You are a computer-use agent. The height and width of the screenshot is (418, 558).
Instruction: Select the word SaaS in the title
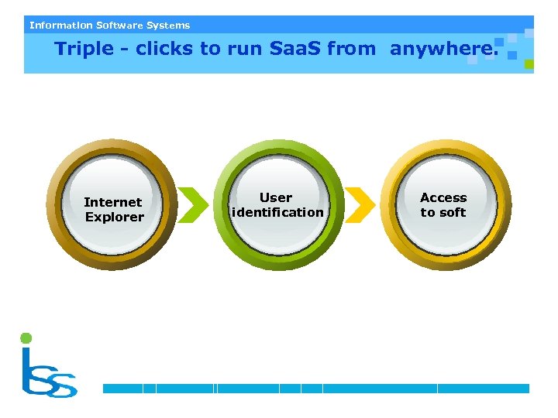click(x=295, y=49)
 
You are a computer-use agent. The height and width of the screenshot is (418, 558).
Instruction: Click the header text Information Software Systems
click(x=109, y=25)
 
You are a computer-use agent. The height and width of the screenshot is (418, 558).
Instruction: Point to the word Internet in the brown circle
click(x=113, y=202)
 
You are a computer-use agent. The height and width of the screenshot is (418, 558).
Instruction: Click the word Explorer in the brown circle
click(x=115, y=217)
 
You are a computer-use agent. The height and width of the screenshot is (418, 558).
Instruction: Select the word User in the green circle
click(x=276, y=197)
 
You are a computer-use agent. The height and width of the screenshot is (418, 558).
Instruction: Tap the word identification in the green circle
click(x=278, y=212)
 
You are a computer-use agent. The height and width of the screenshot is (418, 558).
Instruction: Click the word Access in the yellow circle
click(x=443, y=197)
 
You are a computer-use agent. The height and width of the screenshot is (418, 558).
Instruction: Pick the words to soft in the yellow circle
click(x=443, y=212)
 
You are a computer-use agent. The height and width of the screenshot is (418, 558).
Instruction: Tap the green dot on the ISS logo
click(x=26, y=337)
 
